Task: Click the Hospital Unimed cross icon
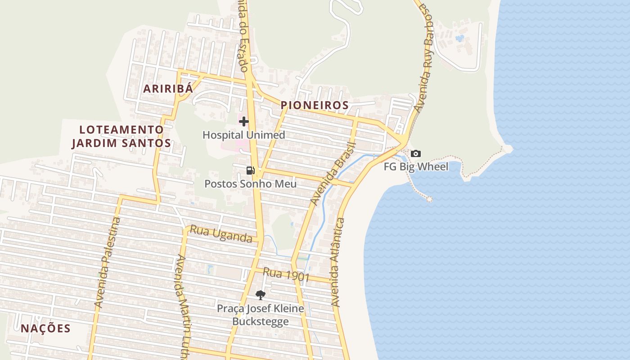[x=244, y=121]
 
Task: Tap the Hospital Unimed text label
[x=244, y=135]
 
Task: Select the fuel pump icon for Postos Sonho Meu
[x=251, y=170]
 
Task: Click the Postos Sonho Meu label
[x=251, y=184]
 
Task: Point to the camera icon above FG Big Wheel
[x=416, y=154]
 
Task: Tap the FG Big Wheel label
[x=416, y=167]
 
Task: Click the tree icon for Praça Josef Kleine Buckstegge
[x=261, y=295]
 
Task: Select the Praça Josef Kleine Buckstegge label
[x=261, y=315]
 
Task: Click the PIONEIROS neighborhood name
[x=315, y=105]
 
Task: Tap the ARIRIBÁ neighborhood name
[x=168, y=89]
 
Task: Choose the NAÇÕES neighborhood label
[x=46, y=328]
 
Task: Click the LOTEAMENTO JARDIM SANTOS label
[x=121, y=136]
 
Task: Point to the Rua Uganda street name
[x=221, y=234]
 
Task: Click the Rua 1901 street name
[x=286, y=274]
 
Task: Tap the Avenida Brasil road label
[x=333, y=174]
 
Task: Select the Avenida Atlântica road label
[x=337, y=262]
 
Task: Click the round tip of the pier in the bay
[x=429, y=199]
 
